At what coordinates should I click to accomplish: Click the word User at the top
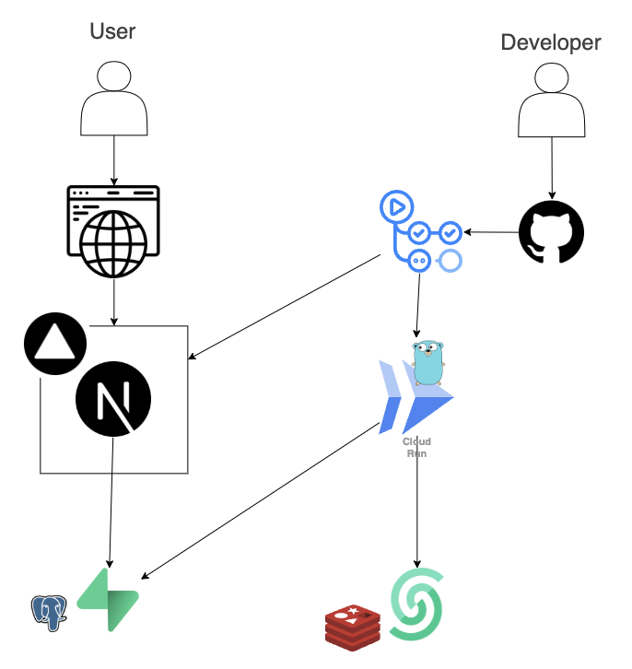112,31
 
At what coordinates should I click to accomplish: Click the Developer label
550,42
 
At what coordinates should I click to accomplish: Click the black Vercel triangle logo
55,344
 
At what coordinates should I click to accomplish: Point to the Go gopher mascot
427,362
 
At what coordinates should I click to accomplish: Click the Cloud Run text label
416,448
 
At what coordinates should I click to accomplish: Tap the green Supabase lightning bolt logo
109,600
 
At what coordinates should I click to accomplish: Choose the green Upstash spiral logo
416,605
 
